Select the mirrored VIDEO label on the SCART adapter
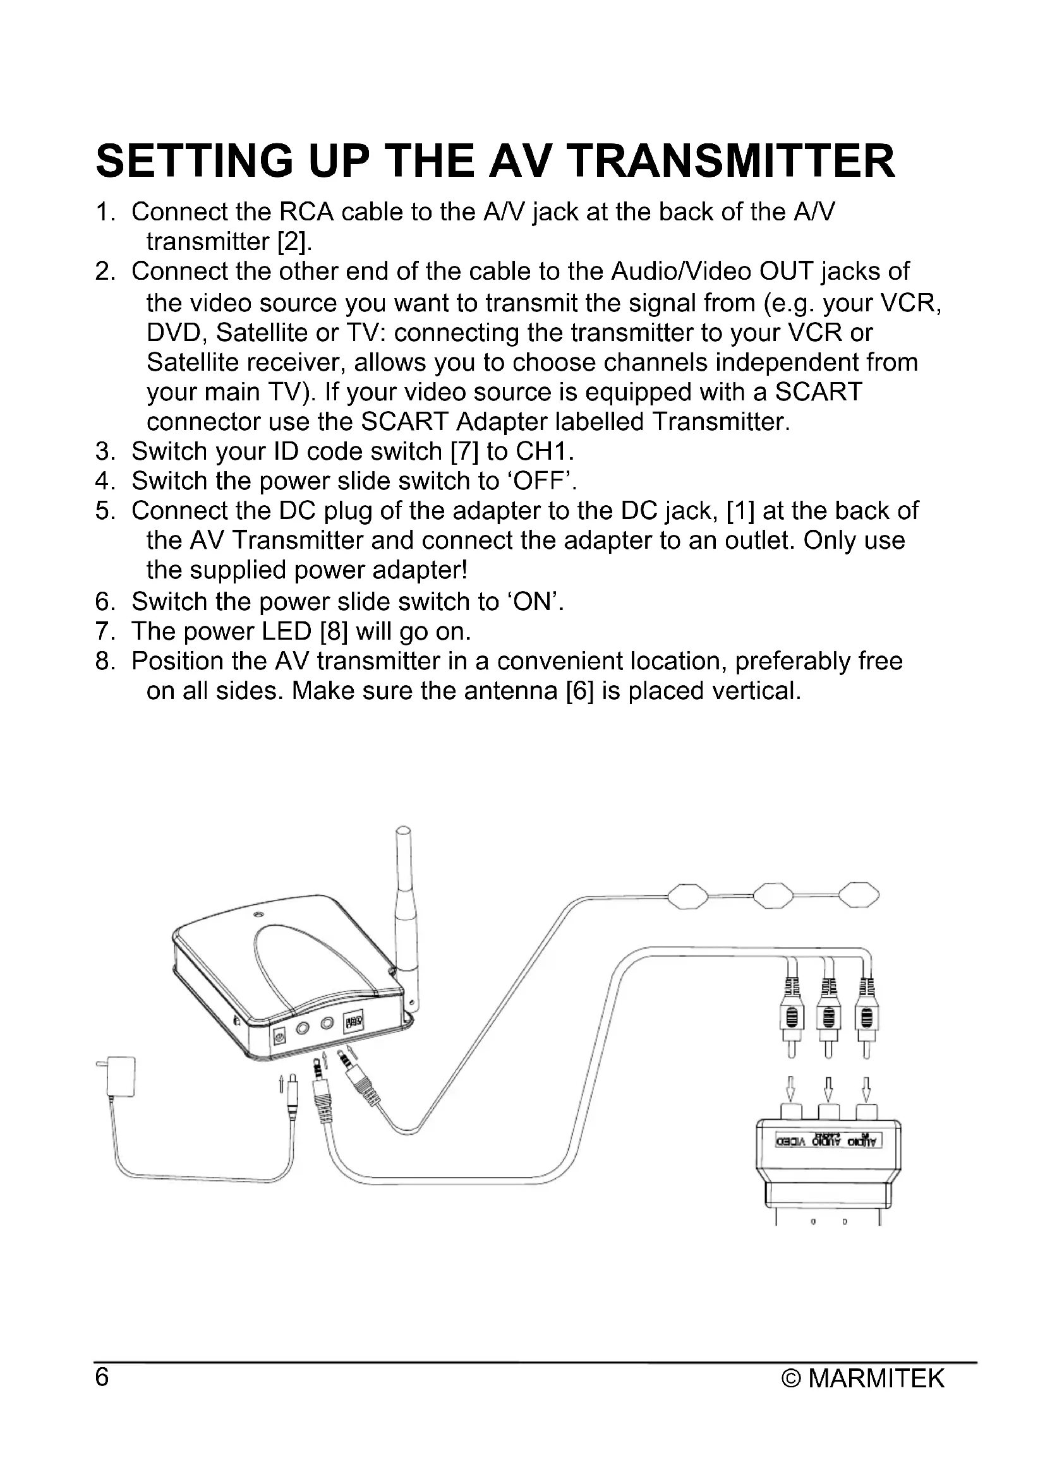tap(792, 1142)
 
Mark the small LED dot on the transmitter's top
tap(258, 915)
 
